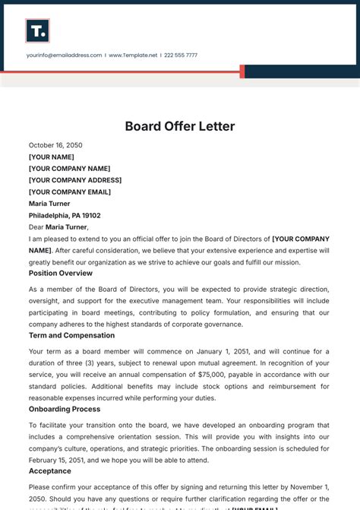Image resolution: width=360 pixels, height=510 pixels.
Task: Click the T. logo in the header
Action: [x=37, y=30]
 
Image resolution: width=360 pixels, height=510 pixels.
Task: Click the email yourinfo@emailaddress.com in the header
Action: [x=64, y=55]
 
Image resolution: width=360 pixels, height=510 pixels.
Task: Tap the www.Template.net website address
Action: [x=133, y=55]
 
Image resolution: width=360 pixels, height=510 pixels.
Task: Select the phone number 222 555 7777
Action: [x=181, y=55]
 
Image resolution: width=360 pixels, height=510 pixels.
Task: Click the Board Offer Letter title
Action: [x=180, y=126]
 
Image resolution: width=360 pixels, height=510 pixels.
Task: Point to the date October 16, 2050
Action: [x=55, y=145]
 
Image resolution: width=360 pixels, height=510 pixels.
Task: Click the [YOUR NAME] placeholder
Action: [x=52, y=157]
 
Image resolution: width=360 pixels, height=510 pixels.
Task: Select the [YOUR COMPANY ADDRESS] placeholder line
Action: [x=75, y=180]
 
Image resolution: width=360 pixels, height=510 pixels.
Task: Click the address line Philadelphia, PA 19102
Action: [x=65, y=215]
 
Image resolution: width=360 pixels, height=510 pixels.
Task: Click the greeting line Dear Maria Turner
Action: [x=58, y=226]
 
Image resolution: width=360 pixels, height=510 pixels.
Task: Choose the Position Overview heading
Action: [x=61, y=273]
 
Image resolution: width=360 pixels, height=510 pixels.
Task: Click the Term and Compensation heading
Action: [x=71, y=335]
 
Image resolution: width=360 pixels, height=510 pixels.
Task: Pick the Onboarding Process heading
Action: [x=65, y=409]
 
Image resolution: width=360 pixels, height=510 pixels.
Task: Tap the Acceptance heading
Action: [x=49, y=471]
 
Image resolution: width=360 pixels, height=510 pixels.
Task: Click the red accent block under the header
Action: [x=242, y=71]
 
